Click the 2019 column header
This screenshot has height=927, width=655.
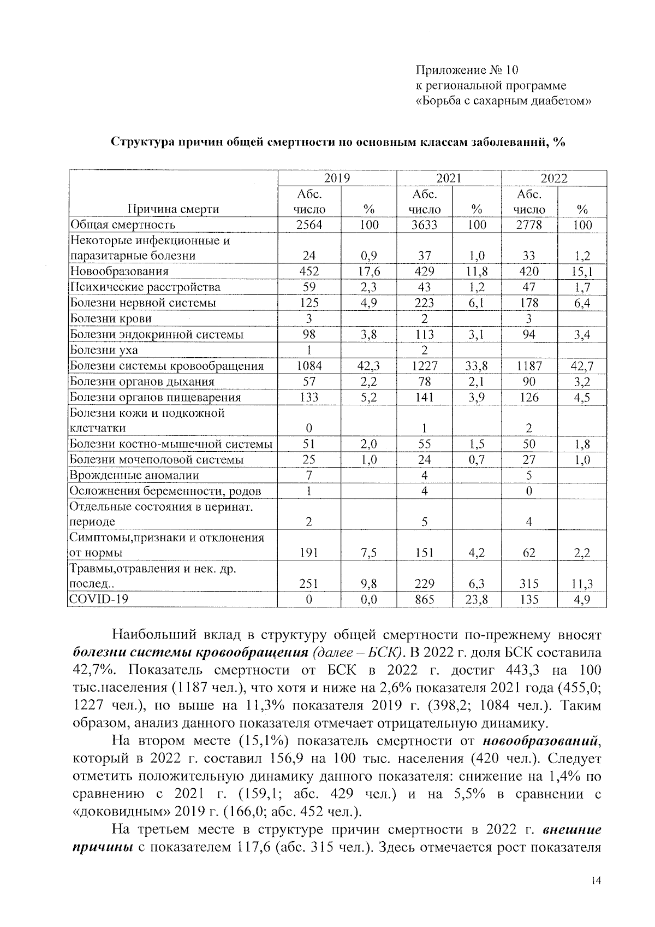(337, 178)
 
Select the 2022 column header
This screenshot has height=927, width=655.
(554, 178)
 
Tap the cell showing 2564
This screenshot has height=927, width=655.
(309, 225)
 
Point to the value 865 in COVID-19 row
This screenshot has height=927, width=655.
(424, 600)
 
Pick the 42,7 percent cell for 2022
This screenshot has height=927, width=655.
(582, 366)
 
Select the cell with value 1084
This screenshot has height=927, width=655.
(309, 366)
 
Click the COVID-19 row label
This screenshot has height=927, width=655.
(99, 600)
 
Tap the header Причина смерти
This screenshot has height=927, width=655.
(173, 209)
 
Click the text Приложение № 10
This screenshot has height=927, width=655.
(467, 70)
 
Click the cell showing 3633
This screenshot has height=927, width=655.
(424, 225)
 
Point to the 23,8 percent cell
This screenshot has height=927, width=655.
(477, 600)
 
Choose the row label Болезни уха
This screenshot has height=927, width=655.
(104, 350)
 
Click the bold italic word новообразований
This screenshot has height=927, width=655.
(540, 742)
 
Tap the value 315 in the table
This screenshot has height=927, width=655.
(529, 584)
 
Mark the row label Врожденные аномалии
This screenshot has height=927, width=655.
(134, 475)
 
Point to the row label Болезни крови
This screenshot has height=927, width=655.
(111, 318)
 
